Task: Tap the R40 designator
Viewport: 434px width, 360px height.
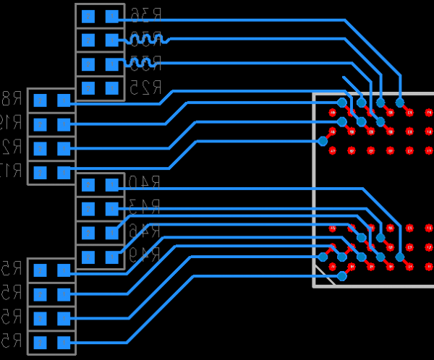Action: [143, 184]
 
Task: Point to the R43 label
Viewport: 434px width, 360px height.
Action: [143, 208]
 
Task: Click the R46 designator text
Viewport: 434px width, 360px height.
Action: [143, 232]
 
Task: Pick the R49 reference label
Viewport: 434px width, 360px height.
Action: [143, 255]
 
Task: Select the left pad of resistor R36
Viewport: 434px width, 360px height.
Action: [88, 16]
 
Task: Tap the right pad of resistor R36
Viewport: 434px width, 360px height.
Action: [111, 16]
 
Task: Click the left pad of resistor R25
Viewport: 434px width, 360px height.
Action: [88, 88]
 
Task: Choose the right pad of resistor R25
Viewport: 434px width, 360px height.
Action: [111, 88]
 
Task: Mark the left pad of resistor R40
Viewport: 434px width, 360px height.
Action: [88, 185]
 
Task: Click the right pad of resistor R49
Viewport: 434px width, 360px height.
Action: [111, 257]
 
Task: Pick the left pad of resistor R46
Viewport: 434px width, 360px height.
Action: [88, 233]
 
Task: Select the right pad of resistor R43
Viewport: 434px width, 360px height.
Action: [111, 209]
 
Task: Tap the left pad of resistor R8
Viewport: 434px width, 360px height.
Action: [41, 100]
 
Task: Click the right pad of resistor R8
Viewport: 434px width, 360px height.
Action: [64, 100]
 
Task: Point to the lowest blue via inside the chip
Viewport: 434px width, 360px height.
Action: [342, 275]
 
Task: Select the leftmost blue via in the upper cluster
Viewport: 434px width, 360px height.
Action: [323, 141]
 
